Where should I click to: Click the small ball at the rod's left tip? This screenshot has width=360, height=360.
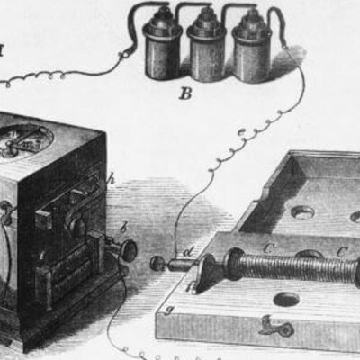pos(157,264)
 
